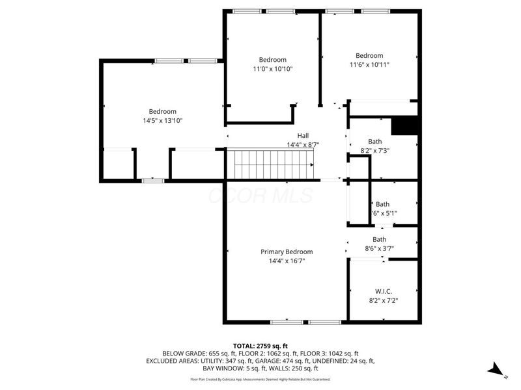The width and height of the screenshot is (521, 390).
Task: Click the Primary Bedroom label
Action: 287,252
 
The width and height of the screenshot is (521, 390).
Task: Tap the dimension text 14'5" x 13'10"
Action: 162,120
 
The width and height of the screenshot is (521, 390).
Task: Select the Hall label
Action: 303,135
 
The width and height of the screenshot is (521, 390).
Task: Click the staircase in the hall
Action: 270,163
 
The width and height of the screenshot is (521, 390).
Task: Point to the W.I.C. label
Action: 383,291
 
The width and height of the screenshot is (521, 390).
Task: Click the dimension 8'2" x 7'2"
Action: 383,300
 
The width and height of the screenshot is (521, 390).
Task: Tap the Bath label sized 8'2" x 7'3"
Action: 374,141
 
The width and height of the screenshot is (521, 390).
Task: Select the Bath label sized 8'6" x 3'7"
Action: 379,239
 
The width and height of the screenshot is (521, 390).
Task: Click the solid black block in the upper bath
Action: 404,125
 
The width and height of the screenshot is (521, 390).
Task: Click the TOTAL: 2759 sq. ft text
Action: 260,345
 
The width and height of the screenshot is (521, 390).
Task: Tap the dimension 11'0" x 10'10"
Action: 272,69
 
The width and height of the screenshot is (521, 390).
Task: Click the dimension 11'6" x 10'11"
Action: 369,64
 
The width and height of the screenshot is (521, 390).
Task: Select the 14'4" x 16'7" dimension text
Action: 287,261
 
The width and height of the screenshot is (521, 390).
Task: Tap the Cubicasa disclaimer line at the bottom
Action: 260,379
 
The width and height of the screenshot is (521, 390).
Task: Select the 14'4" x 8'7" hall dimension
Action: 303,144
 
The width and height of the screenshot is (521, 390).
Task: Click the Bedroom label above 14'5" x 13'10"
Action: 162,111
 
